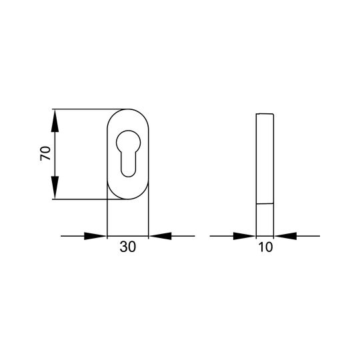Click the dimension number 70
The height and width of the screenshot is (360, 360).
[45, 153]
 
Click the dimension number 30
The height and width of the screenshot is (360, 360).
[127, 247]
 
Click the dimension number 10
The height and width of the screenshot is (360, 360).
[265, 247]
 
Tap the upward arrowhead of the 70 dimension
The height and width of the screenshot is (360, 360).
[55, 121]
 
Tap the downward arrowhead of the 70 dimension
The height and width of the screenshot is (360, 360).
[55, 187]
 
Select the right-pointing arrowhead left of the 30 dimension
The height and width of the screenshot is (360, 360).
[95, 236]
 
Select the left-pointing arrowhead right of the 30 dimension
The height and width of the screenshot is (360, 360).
[160, 236]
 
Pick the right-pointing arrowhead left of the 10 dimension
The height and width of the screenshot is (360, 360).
[244, 236]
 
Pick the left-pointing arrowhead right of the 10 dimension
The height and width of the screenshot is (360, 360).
[285, 236]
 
